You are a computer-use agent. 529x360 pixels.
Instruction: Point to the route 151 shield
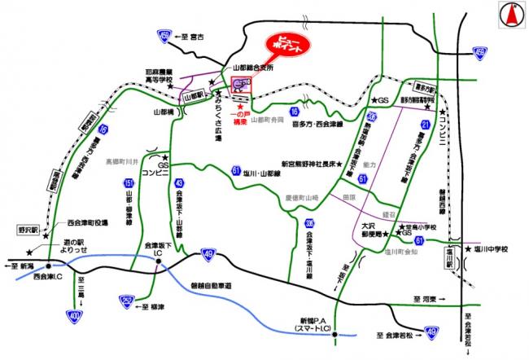(129, 186)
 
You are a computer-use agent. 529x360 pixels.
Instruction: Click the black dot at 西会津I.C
(50, 266)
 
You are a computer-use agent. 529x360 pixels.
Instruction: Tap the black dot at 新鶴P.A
(334, 333)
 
